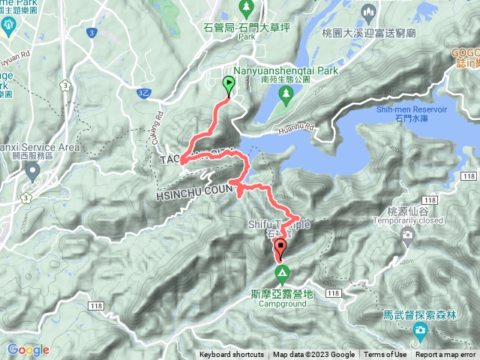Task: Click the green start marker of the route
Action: point(229,84)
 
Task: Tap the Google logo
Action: point(28,349)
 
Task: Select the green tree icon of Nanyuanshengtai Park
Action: point(286,93)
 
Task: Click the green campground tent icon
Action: point(282,271)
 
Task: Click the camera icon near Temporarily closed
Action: point(407,235)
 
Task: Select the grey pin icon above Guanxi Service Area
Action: point(32,171)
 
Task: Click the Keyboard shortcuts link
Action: point(232,355)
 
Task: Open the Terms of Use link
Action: point(385,355)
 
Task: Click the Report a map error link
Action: point(446,355)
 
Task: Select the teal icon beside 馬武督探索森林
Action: point(421,331)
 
